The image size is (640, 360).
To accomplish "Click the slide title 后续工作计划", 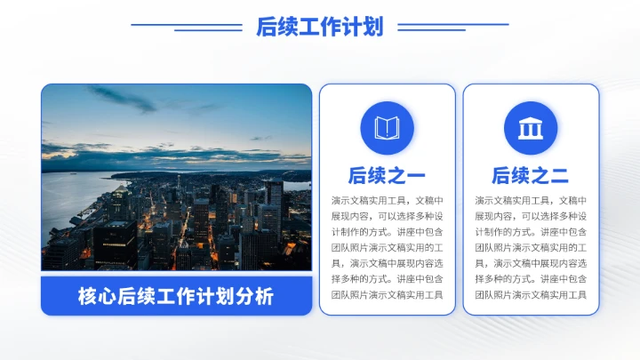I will [x=319, y=27].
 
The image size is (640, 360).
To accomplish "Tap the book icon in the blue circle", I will [x=387, y=128].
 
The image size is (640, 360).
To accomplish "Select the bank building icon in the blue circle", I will [x=531, y=128].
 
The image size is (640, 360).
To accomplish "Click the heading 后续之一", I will [x=387, y=175].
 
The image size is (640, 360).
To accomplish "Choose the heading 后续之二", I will [x=531, y=175].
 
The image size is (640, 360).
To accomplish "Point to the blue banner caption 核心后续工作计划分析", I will [x=176, y=296].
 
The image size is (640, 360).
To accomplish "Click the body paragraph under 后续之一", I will [x=387, y=247].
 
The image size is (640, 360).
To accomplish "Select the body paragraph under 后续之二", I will [x=531, y=247].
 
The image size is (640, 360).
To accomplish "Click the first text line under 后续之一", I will [x=387, y=200].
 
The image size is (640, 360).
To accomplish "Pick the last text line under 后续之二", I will [x=531, y=295].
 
